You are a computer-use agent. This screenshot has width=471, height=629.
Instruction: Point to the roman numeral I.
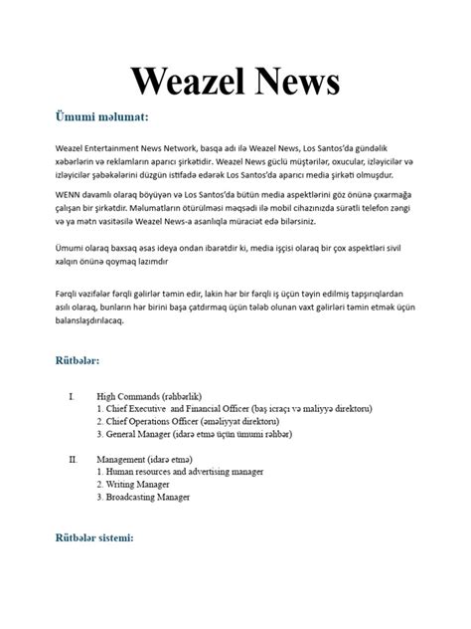71,395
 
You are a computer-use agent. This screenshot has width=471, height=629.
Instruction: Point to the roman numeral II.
72,459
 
